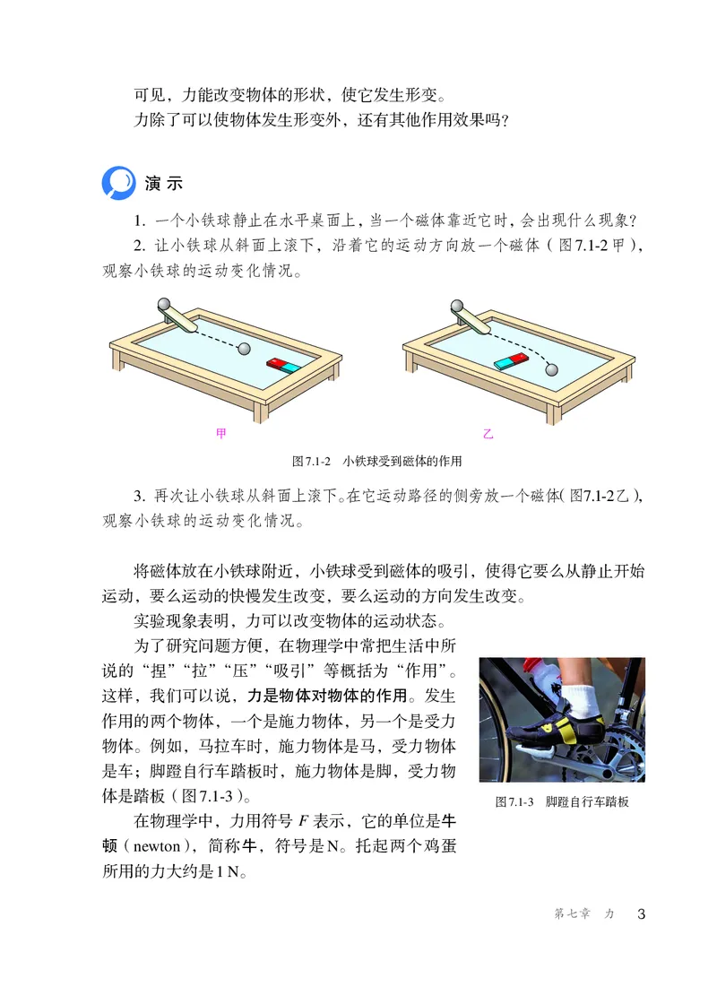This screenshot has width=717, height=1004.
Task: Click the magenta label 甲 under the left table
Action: point(221,435)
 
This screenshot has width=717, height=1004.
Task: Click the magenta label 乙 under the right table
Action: point(488,435)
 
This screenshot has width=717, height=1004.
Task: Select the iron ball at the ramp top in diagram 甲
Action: point(165,305)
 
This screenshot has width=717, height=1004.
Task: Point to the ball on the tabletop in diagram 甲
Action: point(245,348)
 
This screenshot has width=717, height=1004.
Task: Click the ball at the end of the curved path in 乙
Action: point(551,368)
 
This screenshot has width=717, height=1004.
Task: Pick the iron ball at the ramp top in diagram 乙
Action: point(459,305)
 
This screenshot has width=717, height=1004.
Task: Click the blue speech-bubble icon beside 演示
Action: point(118,182)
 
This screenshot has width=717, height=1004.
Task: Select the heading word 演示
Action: point(163,183)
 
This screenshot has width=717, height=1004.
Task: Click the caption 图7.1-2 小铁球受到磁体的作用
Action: point(376,462)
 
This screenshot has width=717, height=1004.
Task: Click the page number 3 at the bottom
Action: point(640,914)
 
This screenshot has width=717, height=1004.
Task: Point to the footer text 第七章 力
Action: point(584,914)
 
